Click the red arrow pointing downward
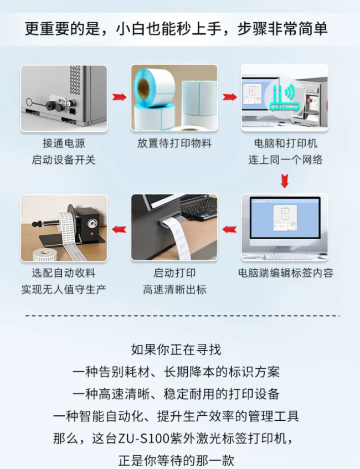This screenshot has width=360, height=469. point(285,181)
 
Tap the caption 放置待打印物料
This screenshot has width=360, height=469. point(174,143)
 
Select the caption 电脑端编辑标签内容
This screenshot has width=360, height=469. point(285,273)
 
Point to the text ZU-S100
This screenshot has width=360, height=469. point(140,439)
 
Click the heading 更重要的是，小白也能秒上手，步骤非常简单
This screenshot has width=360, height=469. point(176,29)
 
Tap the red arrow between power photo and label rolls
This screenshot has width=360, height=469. point(119,97)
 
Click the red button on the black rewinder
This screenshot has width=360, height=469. point(91,233)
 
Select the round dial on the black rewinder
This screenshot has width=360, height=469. point(91,223)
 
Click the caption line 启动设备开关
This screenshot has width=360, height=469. point(64,159)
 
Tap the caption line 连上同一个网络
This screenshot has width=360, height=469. point(285,159)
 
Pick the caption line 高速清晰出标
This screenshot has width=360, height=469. point(174,289)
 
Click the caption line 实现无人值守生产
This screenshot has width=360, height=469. point(64,289)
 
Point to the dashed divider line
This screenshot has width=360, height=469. point(182,316)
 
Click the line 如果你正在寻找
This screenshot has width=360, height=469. point(176,349)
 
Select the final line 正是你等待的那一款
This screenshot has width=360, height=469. point(176,460)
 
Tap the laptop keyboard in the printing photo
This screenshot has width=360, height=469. point(199,207)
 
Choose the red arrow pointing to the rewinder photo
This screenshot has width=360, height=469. point(119,229)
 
